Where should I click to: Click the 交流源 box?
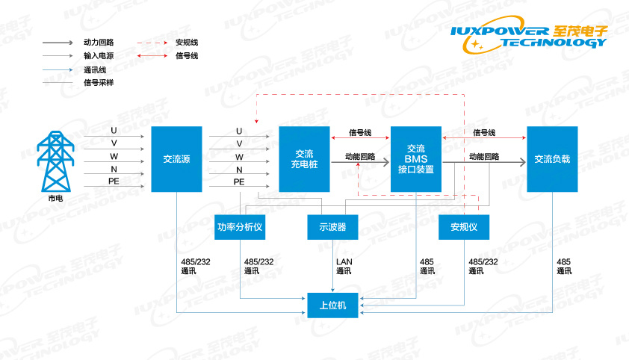tap(176, 159)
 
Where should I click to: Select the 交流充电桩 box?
tap(304, 159)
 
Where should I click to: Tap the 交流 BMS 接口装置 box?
tap(416, 159)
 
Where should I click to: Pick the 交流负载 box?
tap(552, 159)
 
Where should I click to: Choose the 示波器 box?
tap(332, 226)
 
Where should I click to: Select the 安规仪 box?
tap(463, 226)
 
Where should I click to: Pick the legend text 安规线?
tap(186, 43)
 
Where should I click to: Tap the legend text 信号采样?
tap(99, 83)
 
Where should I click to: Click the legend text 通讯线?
tap(95, 69)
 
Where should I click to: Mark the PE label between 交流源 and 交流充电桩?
tap(239, 181)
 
